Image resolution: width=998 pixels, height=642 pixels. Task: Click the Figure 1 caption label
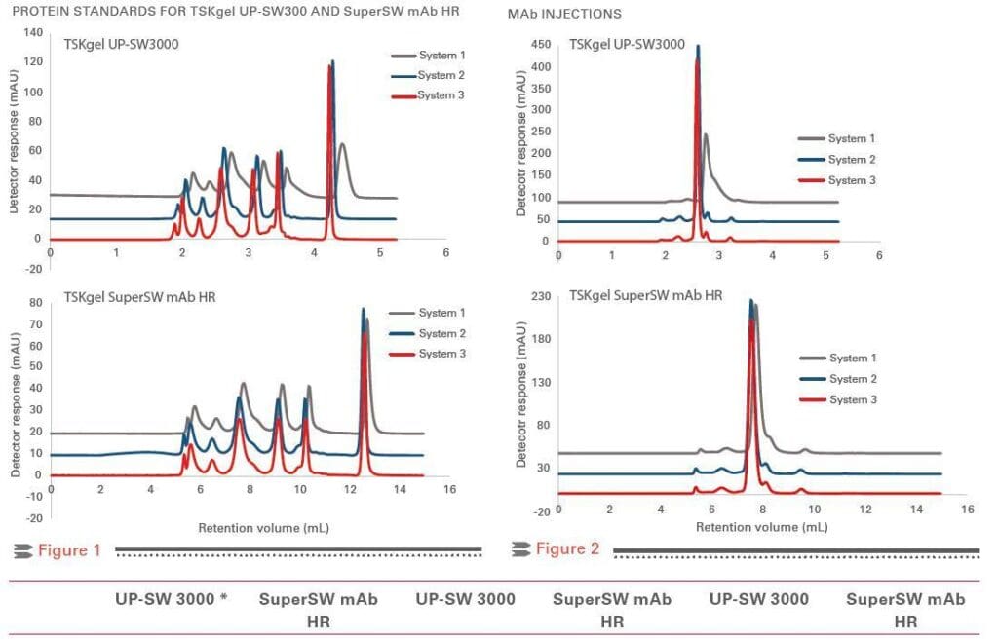(x=69, y=550)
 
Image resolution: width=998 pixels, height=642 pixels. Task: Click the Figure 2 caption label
(x=567, y=549)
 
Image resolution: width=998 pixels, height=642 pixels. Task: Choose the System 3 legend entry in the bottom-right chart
(x=853, y=399)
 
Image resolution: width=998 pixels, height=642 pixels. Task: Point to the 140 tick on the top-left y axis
(x=33, y=32)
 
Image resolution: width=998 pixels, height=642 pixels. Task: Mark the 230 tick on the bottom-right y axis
(x=537, y=295)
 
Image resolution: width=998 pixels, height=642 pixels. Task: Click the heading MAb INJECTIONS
(x=564, y=15)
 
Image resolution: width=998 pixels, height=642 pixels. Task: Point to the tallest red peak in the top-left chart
(x=329, y=66)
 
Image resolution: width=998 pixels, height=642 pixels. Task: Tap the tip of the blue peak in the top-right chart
(x=698, y=46)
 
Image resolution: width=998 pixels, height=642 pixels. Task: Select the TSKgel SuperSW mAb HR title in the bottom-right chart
(x=645, y=294)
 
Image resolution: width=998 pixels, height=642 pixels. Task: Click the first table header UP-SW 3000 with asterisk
(x=173, y=599)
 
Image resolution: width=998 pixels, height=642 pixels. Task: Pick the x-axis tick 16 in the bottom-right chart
(x=967, y=510)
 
